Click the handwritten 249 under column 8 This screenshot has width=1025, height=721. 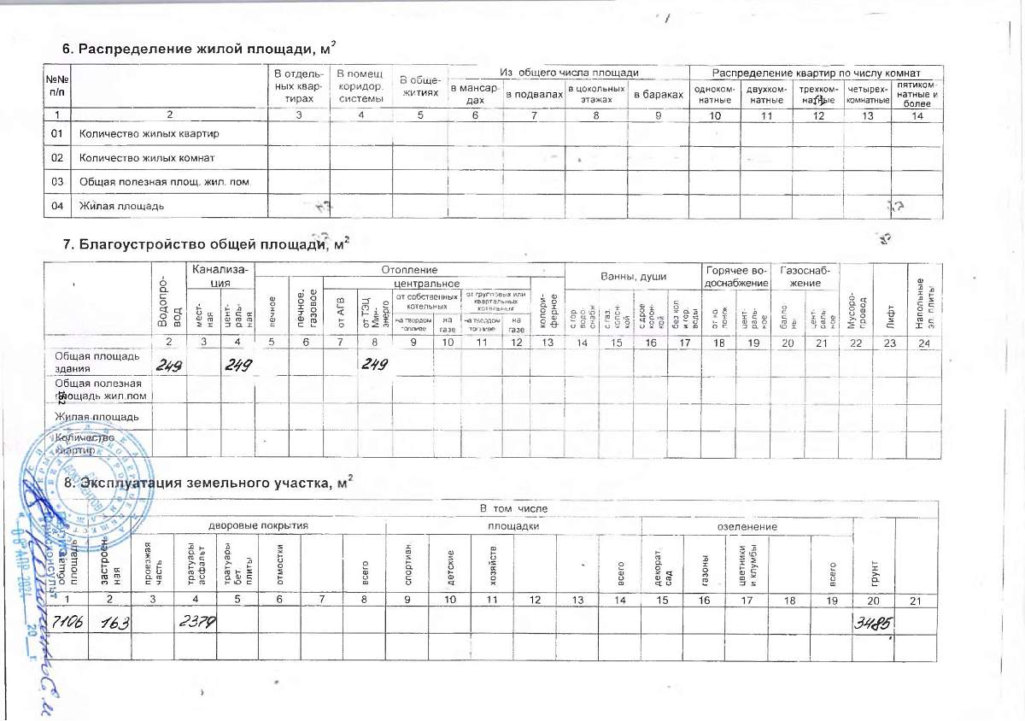(x=373, y=365)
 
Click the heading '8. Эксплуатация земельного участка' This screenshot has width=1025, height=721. (x=209, y=484)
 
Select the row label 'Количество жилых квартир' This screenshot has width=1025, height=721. (x=149, y=134)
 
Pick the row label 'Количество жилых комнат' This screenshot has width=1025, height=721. (x=146, y=158)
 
